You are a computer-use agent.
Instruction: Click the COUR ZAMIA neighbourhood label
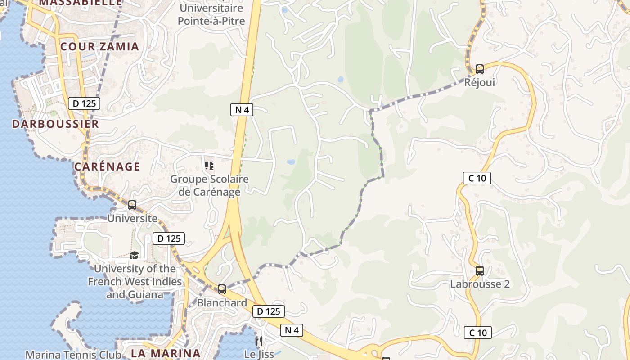[x=99, y=46]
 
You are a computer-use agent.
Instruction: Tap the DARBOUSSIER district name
[x=55, y=124]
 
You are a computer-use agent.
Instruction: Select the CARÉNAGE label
[x=107, y=166]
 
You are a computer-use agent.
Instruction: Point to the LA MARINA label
[x=166, y=353]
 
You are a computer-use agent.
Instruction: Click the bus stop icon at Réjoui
[x=480, y=69]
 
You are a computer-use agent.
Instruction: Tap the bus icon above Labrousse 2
[x=480, y=271]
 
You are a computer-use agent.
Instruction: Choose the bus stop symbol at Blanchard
[x=222, y=289]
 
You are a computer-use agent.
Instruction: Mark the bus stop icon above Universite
[x=132, y=205]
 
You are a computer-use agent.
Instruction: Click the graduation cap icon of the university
[x=135, y=255]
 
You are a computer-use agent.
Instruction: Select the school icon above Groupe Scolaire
[x=209, y=166]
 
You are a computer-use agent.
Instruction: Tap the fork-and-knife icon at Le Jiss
[x=258, y=341]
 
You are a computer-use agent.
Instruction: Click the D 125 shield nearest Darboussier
[x=84, y=103]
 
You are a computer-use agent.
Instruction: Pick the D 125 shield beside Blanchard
[x=269, y=311]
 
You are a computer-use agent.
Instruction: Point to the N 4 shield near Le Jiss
[x=292, y=330]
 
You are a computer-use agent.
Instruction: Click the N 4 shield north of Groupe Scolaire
[x=242, y=109]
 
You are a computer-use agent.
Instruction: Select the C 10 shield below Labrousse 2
[x=477, y=333]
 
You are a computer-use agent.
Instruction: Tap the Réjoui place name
[x=480, y=82]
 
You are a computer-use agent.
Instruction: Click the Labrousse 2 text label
[x=480, y=284]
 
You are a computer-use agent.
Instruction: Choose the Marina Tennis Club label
[x=73, y=355]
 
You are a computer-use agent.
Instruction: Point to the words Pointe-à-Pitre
[x=211, y=21]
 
